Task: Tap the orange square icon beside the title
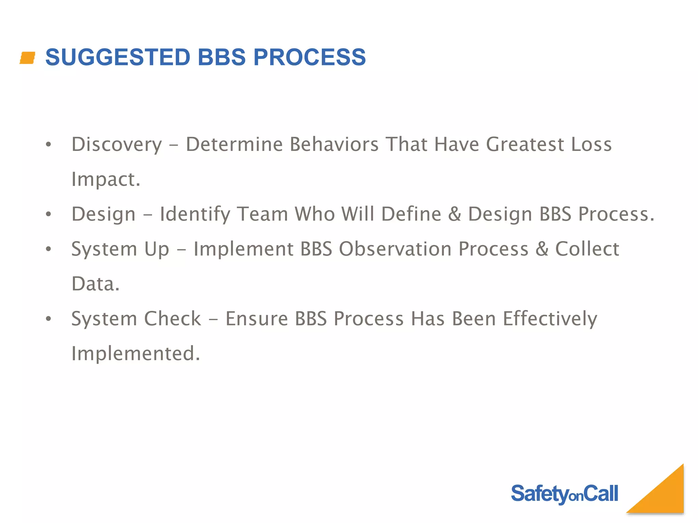[28, 58]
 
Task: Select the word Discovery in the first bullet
[117, 144]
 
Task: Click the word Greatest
[525, 144]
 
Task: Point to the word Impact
[106, 179]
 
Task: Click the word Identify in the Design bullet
[195, 215]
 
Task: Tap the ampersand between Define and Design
[455, 214]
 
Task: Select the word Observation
[395, 249]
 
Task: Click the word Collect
[587, 249]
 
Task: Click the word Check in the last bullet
[172, 319]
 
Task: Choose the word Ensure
[257, 319]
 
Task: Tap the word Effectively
[550, 319]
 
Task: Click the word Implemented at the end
[135, 353]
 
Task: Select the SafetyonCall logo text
[564, 494]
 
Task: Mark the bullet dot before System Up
[48, 249]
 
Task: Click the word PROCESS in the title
[309, 57]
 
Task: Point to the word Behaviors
[334, 144]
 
